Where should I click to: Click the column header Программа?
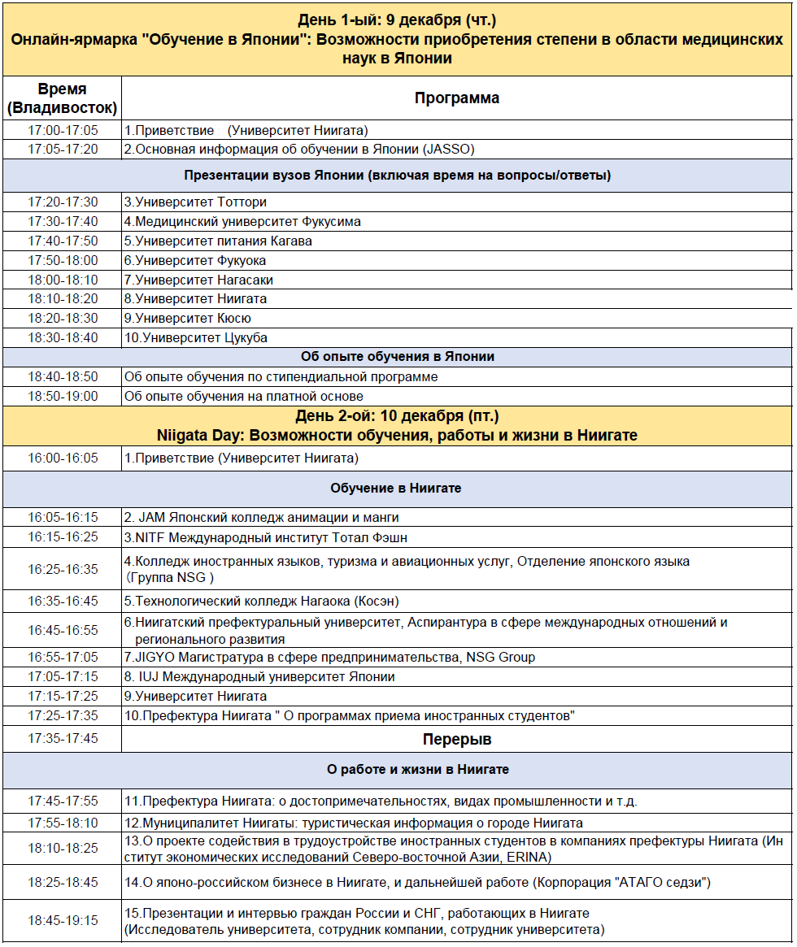coord(456,98)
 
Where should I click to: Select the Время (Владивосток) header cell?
coord(63,98)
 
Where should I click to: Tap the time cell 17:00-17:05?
coord(63,130)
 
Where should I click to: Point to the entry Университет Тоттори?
coord(195,202)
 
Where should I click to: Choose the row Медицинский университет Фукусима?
coord(242,221)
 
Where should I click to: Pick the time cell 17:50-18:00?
coord(63,260)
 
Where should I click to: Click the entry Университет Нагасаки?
coord(198,280)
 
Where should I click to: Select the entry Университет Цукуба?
coord(196,337)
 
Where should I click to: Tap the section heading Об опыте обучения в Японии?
coord(397,357)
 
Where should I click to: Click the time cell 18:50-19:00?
coord(63,396)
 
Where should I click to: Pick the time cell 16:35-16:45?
coord(63,602)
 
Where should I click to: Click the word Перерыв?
coord(457,740)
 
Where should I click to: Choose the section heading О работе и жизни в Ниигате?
coord(418,769)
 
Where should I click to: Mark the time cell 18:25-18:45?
coord(63,882)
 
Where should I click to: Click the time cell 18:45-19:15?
coord(63,921)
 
